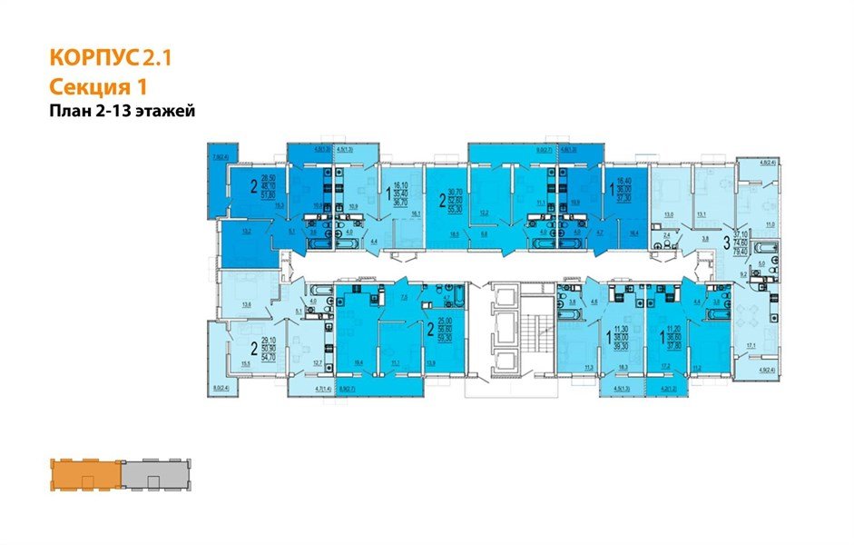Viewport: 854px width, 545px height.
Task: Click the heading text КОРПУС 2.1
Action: pos(108,59)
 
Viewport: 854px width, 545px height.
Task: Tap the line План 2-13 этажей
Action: pos(122,111)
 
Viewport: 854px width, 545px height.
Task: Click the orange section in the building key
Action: pos(85,473)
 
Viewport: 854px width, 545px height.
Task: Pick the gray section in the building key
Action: pos(151,473)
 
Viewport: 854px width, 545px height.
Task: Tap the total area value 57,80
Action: pos(268,195)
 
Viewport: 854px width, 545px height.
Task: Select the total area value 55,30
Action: pos(457,208)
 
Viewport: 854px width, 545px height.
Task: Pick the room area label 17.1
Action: pos(751,346)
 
